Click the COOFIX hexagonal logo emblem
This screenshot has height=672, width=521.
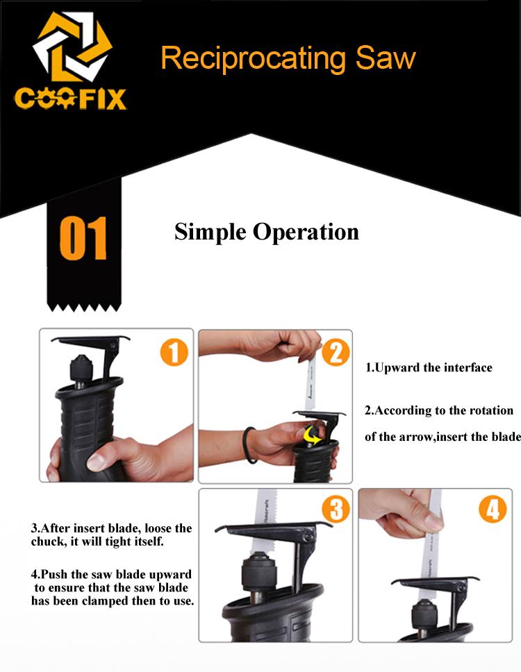click(72, 47)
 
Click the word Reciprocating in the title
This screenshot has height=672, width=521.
click(253, 59)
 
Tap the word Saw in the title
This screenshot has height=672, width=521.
click(386, 58)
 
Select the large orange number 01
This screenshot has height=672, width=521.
click(83, 238)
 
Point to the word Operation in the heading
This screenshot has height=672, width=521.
click(306, 233)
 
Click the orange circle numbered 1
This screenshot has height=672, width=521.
click(174, 352)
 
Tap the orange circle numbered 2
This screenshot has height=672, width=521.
click(336, 352)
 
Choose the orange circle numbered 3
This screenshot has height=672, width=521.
click(336, 509)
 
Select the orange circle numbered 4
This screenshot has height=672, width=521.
click(493, 509)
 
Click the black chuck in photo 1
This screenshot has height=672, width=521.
click(81, 371)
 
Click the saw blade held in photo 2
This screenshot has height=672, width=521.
click(311, 385)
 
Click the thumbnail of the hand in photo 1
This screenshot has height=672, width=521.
click(96, 461)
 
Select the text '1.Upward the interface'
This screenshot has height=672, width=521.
click(429, 368)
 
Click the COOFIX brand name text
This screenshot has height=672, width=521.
click(70, 99)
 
